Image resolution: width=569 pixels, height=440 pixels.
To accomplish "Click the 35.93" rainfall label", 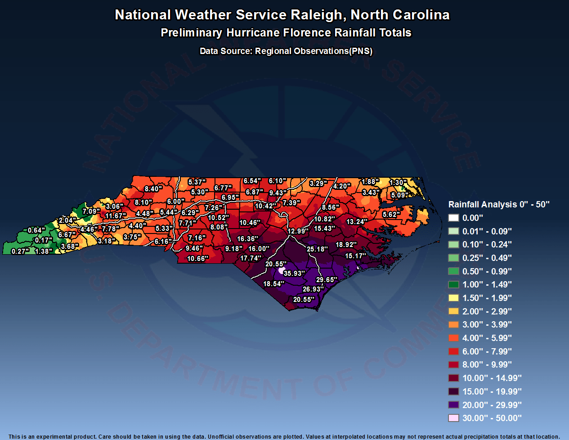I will [x=294, y=274].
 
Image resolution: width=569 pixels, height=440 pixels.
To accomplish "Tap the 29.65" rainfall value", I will [x=327, y=280].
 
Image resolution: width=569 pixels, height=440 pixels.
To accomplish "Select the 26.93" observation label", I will [x=313, y=289].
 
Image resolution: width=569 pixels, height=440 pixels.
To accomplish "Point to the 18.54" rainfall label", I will [x=273, y=284].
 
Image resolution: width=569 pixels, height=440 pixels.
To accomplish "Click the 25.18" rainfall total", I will [x=317, y=249].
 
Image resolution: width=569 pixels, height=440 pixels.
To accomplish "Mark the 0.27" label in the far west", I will [x=20, y=251].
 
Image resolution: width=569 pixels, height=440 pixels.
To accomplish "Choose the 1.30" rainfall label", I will [x=398, y=183].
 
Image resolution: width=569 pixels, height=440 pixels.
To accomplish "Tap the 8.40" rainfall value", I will [x=153, y=189].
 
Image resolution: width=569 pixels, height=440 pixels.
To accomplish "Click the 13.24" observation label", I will [x=357, y=222].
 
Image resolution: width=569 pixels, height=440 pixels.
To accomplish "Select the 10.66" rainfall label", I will [x=197, y=259].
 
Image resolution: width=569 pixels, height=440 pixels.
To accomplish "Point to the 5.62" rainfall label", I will [x=391, y=215].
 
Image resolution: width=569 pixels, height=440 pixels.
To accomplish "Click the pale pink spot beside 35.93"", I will [x=282, y=270].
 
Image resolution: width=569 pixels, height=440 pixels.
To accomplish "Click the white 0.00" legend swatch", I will [x=453, y=218].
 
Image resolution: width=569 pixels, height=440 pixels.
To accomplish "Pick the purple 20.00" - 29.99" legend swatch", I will [x=453, y=405].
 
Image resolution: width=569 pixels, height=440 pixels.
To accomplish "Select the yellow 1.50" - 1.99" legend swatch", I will [x=453, y=298].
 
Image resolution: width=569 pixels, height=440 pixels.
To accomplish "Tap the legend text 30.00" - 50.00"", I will [x=492, y=418].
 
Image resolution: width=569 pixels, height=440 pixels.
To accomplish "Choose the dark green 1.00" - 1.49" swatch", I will [x=453, y=284].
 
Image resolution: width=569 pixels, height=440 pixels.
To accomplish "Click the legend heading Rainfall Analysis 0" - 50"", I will [x=499, y=204].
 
